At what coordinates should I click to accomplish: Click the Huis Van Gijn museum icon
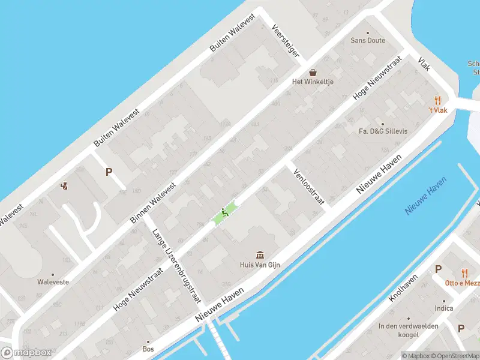[x=259, y=254]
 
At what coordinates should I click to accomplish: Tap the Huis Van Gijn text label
[x=259, y=265]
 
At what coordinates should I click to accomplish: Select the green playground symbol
[x=225, y=212]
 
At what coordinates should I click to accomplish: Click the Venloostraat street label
[x=308, y=187]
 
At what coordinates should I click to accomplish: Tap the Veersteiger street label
[x=286, y=41]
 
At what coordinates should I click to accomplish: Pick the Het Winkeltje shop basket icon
[x=313, y=71]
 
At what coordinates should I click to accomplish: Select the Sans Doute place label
[x=368, y=41]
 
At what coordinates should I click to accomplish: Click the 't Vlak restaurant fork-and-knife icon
[x=438, y=101]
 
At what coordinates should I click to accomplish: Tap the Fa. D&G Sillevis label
[x=383, y=131]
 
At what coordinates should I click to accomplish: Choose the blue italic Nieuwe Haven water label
[x=426, y=196]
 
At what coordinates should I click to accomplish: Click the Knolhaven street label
[x=403, y=288]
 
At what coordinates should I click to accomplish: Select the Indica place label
[x=444, y=308]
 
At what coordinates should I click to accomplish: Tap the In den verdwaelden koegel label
[x=409, y=329]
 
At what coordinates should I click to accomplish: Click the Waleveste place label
[x=53, y=281]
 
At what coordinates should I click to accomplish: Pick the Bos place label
[x=148, y=348]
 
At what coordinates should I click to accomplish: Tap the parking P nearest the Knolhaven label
[x=438, y=269]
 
